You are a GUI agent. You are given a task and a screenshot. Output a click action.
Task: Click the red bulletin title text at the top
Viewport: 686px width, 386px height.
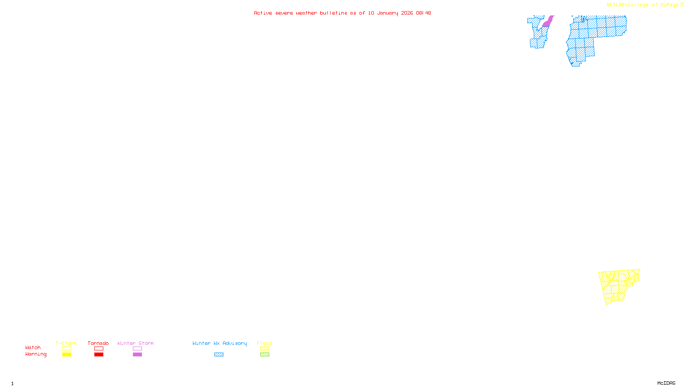[342, 13]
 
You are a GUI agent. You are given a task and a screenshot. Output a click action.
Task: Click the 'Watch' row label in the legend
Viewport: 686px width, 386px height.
[33, 347]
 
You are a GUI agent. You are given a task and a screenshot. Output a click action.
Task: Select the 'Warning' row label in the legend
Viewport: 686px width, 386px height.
[36, 354]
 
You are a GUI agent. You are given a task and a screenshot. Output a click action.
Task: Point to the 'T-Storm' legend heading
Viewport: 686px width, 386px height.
[66, 343]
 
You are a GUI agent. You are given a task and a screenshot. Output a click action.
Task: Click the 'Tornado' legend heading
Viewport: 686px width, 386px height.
[98, 343]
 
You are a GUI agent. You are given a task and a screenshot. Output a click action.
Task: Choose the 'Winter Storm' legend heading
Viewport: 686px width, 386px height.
[135, 343]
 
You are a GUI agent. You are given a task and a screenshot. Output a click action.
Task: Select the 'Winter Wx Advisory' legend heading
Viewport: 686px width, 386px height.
[220, 343]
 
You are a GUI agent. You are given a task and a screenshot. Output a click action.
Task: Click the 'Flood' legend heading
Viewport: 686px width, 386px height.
[265, 343]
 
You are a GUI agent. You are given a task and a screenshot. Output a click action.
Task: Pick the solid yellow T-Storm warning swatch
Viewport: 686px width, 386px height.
[66, 355]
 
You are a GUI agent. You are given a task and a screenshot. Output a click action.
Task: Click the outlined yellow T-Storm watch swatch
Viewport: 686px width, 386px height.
[66, 349]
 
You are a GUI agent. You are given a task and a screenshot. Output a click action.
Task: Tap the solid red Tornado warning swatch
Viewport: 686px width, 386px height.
[99, 355]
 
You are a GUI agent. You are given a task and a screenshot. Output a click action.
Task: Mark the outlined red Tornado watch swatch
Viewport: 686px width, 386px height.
[99, 349]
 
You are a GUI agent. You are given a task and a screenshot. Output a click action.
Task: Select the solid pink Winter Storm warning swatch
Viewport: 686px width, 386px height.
[137, 355]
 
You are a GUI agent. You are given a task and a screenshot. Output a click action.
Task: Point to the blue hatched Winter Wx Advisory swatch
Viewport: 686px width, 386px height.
[219, 355]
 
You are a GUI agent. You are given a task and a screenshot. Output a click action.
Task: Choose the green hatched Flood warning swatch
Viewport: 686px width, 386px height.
[265, 355]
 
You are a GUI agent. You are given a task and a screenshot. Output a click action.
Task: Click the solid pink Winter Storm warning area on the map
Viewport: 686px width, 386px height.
[548, 22]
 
